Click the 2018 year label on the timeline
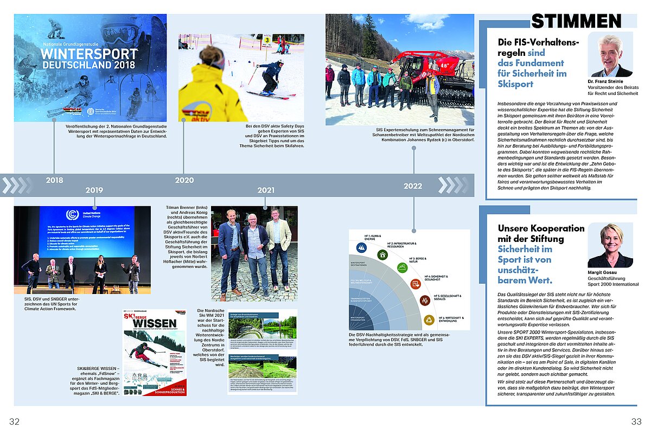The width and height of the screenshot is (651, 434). pyautogui.click(x=54, y=180)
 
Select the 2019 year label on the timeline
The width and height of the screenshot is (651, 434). pyautogui.click(x=94, y=190)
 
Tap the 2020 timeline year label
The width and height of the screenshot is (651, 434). pyautogui.click(x=184, y=180)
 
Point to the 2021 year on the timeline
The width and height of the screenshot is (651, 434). pyautogui.click(x=266, y=190)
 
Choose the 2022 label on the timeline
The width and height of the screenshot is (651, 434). pyautogui.click(x=413, y=186)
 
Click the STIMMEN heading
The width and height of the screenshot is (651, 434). pyautogui.click(x=576, y=21)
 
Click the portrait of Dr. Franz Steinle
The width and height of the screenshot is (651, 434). pyautogui.click(x=611, y=56)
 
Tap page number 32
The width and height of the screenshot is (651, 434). pyautogui.click(x=14, y=422)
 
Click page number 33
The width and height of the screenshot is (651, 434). pyautogui.click(x=636, y=422)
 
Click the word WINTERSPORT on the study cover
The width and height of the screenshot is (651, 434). pyautogui.click(x=89, y=54)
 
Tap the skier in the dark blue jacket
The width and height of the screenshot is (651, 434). pyautogui.click(x=270, y=76)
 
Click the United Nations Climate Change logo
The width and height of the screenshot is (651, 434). pyautogui.click(x=72, y=215)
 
